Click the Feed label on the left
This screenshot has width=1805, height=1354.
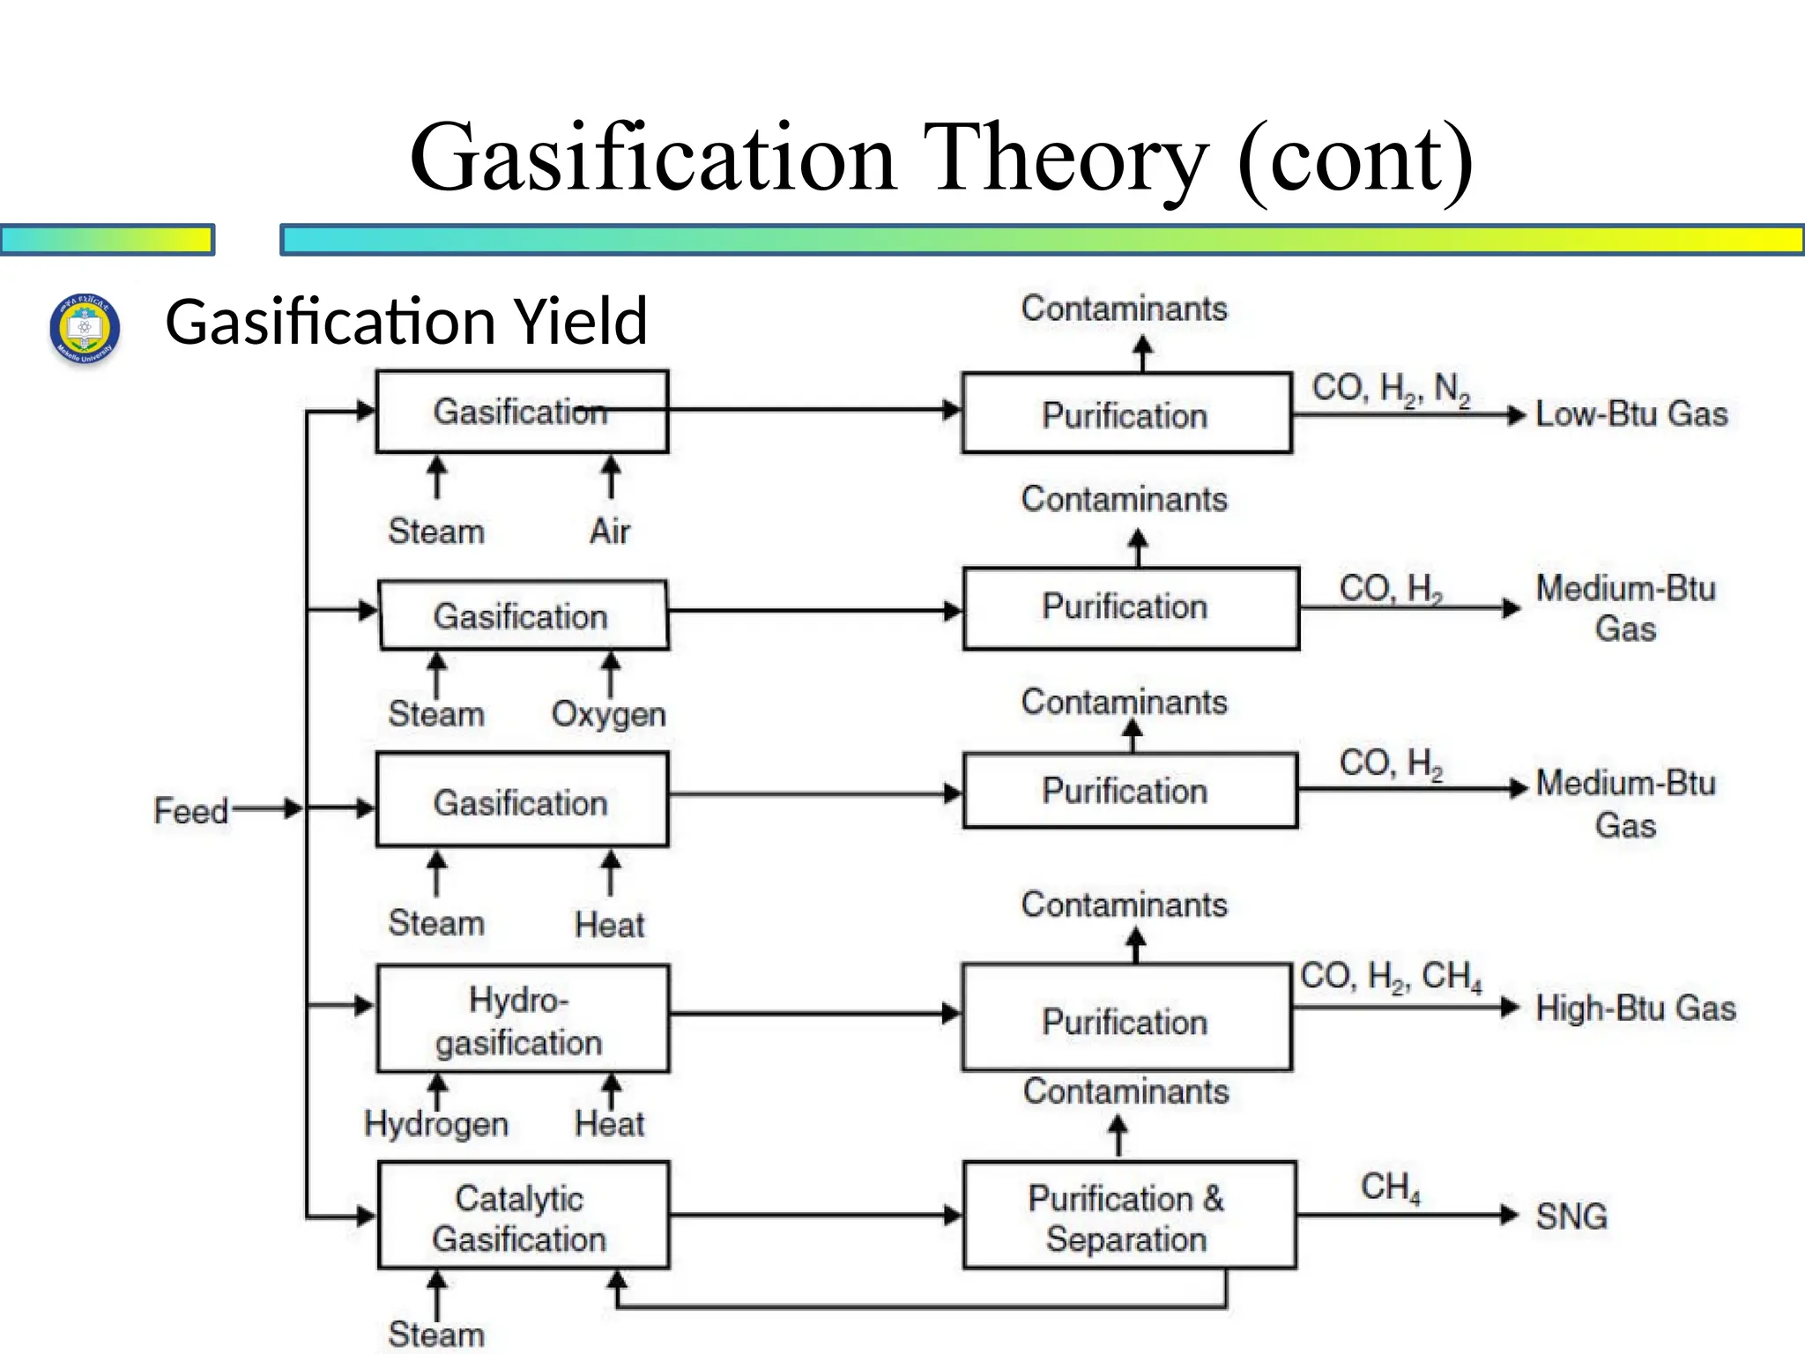click(190, 810)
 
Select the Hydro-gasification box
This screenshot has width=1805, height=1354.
click(522, 1019)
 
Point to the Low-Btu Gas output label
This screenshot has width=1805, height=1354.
click(1630, 413)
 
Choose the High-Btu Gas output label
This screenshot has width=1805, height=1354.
click(1635, 1008)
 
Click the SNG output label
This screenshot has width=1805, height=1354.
click(1571, 1216)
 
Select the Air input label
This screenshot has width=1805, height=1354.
click(610, 531)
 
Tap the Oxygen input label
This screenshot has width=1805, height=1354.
click(608, 714)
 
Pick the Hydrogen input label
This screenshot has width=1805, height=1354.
click(436, 1124)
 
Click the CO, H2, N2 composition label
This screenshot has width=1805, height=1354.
click(1391, 389)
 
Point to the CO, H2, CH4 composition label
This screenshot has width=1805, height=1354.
click(1391, 977)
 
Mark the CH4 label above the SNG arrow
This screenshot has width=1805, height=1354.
click(1390, 1187)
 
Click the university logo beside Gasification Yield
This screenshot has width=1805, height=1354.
click(85, 328)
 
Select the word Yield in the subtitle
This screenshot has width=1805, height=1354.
click(581, 322)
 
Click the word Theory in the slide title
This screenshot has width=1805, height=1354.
click(1065, 158)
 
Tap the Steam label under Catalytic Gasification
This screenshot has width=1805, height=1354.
click(436, 1334)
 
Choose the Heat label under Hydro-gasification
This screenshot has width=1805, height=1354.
click(609, 1124)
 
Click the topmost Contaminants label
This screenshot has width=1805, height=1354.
click(1124, 309)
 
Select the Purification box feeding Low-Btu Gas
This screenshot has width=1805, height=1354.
click(1126, 413)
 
